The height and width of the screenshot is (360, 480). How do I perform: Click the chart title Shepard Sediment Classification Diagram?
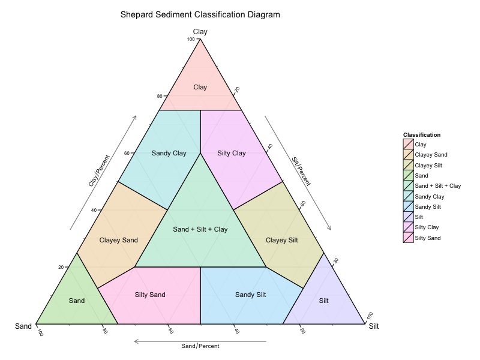click(x=200, y=14)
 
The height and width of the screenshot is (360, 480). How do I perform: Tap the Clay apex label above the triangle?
click(x=200, y=31)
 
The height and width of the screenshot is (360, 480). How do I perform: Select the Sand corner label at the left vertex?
click(x=23, y=326)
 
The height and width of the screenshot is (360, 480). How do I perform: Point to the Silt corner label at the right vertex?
click(x=373, y=326)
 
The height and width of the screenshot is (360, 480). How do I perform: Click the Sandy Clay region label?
click(x=169, y=153)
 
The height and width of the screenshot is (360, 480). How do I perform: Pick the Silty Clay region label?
click(x=231, y=153)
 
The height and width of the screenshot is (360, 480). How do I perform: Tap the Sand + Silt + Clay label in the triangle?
click(x=200, y=229)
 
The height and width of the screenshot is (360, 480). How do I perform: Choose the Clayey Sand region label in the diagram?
click(x=118, y=240)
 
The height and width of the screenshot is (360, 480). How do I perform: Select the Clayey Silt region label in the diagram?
click(x=281, y=240)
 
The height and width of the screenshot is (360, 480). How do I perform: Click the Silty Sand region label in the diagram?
click(x=149, y=295)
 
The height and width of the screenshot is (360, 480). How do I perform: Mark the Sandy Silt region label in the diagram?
click(x=250, y=295)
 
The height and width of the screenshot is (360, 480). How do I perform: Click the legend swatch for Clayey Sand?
click(x=408, y=155)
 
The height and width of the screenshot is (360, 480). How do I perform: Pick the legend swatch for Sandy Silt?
click(x=408, y=206)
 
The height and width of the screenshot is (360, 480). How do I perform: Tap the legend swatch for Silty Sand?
click(x=408, y=238)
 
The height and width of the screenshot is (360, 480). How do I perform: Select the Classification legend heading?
click(x=422, y=134)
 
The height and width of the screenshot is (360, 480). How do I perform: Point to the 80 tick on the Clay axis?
click(x=160, y=96)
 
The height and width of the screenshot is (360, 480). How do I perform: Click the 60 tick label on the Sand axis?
click(x=170, y=331)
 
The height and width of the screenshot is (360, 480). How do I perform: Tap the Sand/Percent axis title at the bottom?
click(x=200, y=346)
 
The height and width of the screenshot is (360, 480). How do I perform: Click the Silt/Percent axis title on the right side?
click(x=301, y=170)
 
